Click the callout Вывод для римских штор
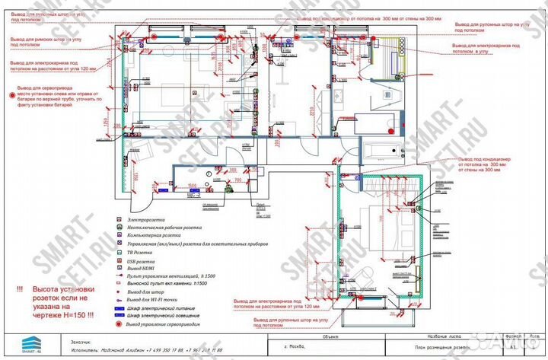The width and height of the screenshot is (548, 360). pyautogui.click(x=46, y=42)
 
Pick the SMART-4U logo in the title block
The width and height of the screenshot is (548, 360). pyautogui.click(x=23, y=345)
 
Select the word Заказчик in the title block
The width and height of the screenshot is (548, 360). pyautogui.click(x=81, y=342)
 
